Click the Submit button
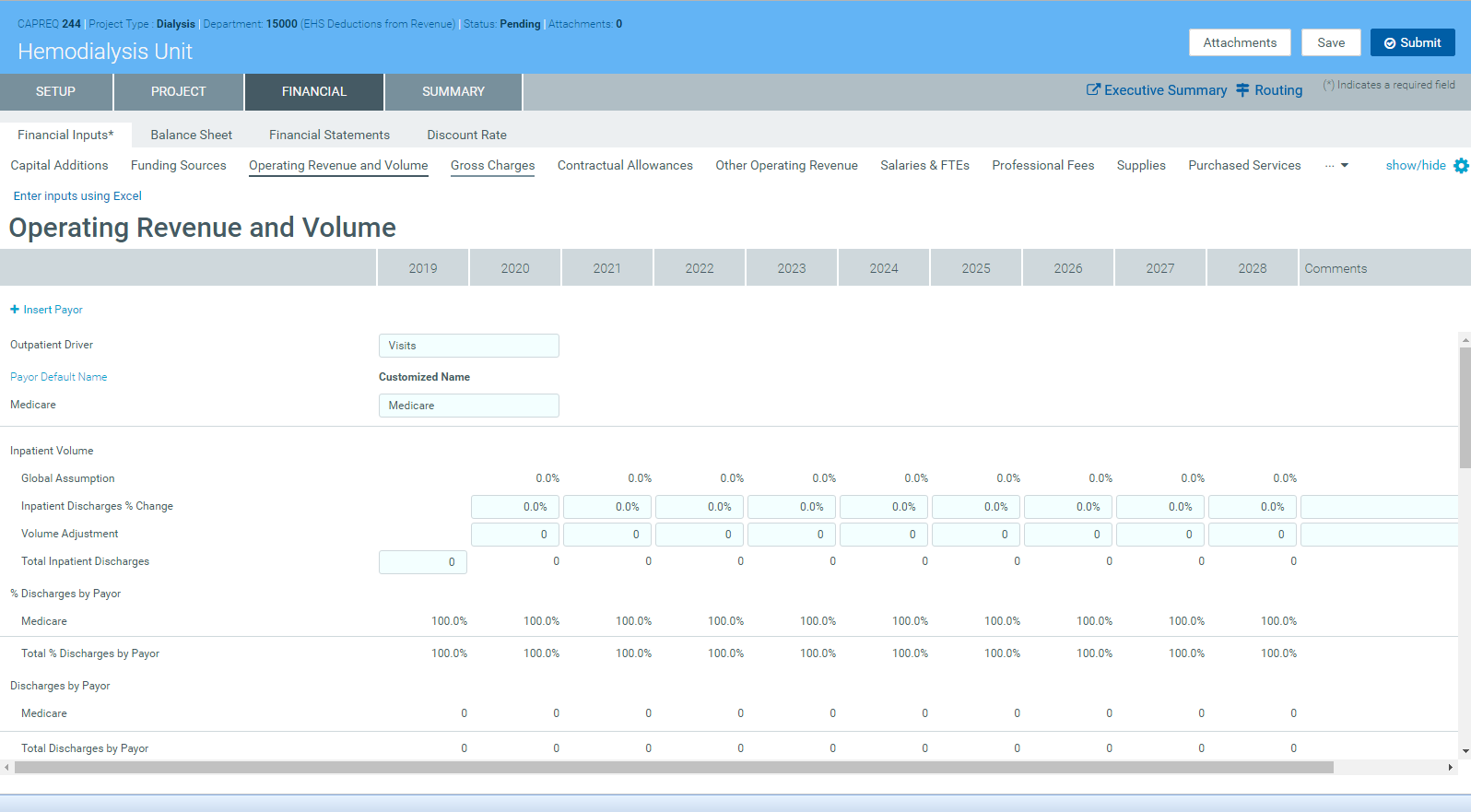[x=1412, y=43]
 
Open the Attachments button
[x=1240, y=43]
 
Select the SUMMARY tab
[x=453, y=92]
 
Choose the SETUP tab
[x=55, y=92]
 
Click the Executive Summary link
[x=1157, y=90]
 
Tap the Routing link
[x=1269, y=90]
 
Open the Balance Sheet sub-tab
[x=191, y=135]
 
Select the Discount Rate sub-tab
[x=466, y=135]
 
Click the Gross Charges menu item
[x=492, y=166]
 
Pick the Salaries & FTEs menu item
[x=924, y=166]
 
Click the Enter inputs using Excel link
[x=77, y=196]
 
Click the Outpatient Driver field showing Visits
[x=468, y=346]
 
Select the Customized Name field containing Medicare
[x=468, y=406]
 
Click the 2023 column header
[x=791, y=268]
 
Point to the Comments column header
[x=1336, y=268]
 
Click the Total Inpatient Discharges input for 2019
[x=423, y=562]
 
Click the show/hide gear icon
[x=1461, y=166]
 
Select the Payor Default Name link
[x=59, y=377]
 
